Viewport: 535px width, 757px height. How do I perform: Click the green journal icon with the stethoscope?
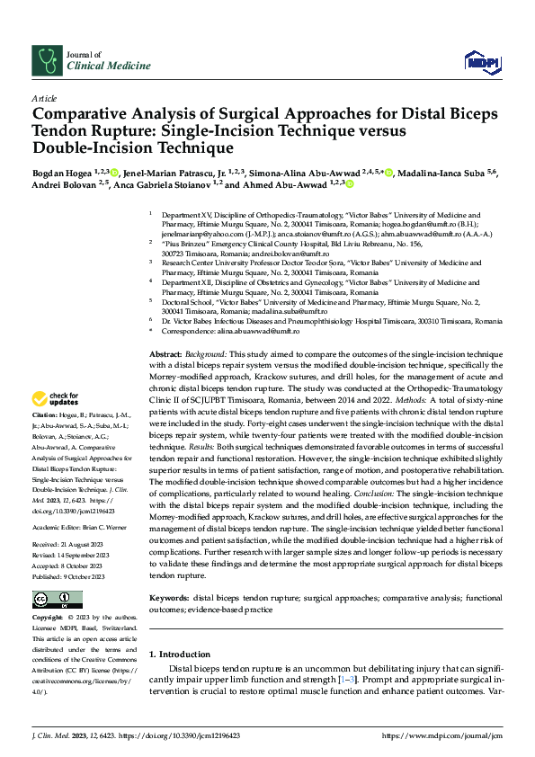46,60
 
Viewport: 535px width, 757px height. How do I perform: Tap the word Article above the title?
44,97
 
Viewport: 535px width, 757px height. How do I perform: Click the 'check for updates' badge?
56,398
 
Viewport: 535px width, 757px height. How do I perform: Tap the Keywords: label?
168,597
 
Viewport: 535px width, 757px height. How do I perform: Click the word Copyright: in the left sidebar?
48,618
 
